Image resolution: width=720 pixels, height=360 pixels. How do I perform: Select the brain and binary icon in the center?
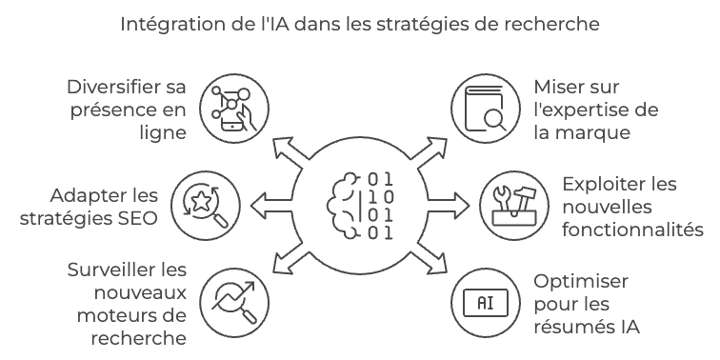359,205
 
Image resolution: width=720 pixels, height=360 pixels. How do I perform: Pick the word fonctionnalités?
633,230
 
